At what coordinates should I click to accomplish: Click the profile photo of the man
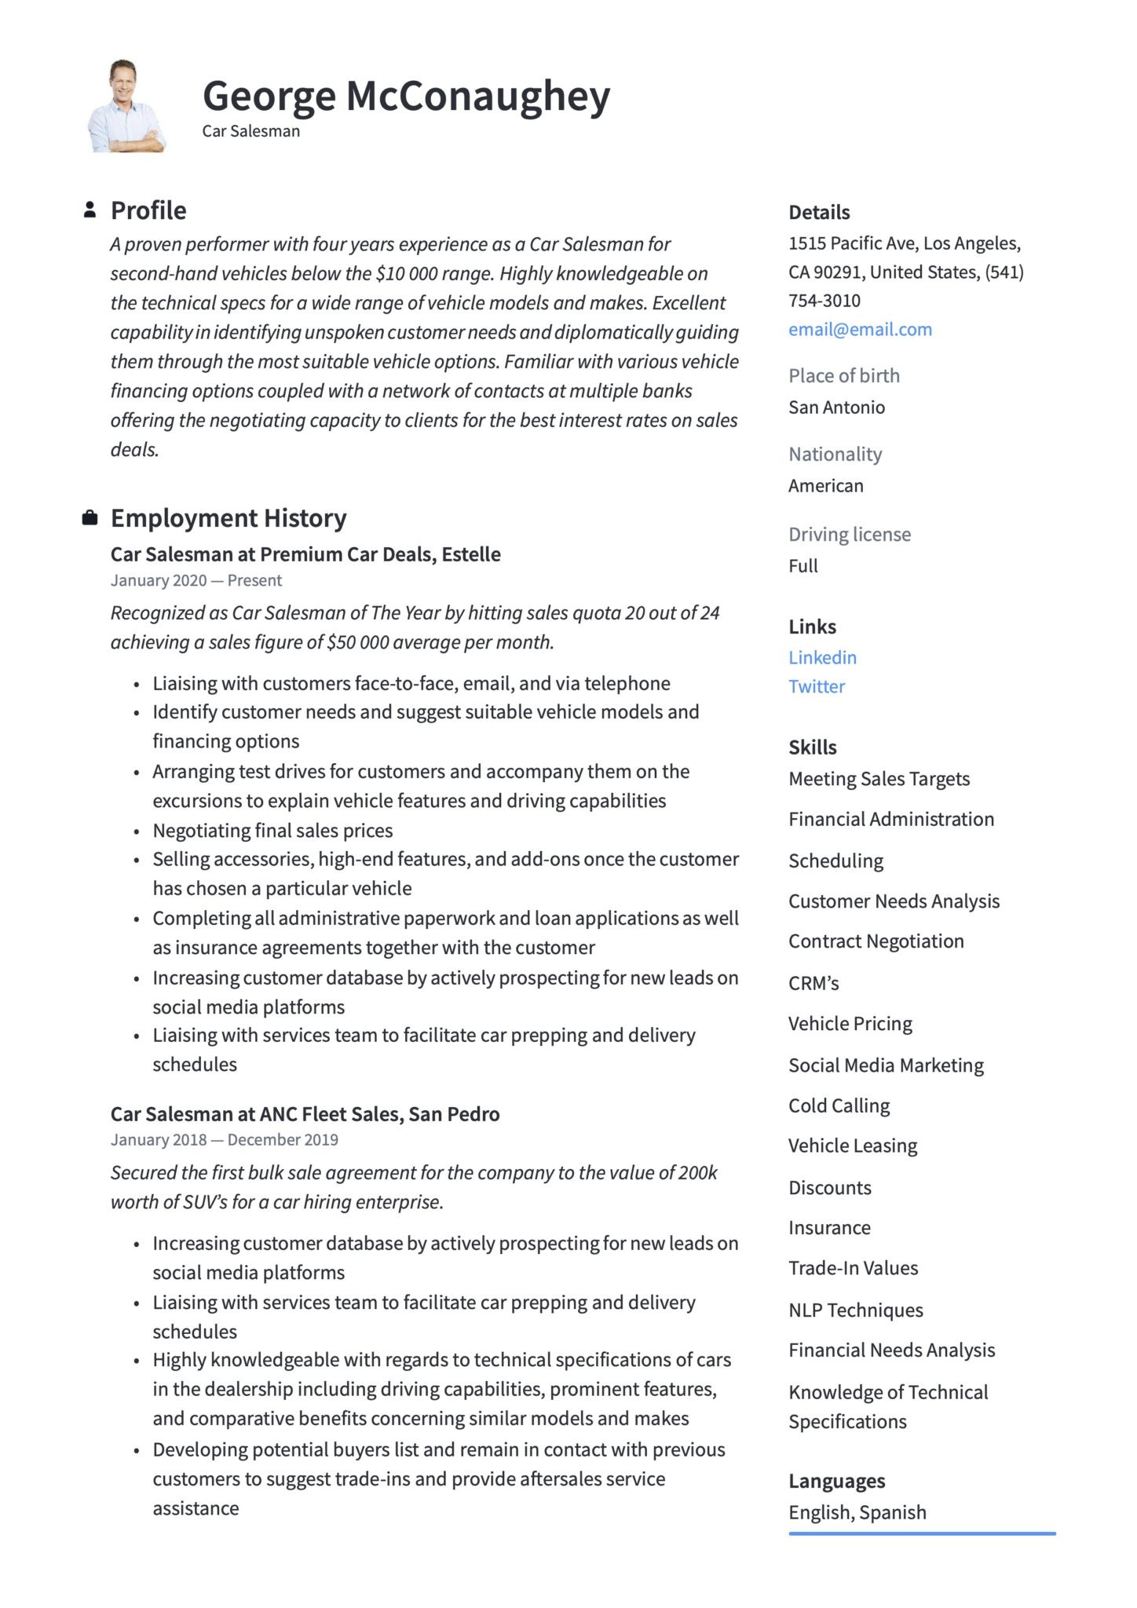coord(125,106)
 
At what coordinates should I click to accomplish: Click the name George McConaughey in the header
coord(406,97)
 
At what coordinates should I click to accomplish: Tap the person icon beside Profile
coord(90,210)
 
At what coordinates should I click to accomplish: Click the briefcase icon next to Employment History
coord(90,517)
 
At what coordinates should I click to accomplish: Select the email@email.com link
coord(860,329)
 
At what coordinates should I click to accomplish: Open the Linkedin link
coord(822,657)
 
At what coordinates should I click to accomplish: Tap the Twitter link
coord(817,686)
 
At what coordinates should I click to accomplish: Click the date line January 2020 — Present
coord(196,580)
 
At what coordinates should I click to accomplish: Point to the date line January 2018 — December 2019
coord(224,1139)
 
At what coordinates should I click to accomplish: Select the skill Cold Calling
coord(839,1105)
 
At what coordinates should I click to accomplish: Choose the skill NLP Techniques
coord(855,1310)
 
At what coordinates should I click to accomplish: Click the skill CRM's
coord(813,983)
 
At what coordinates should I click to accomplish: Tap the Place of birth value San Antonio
coord(836,407)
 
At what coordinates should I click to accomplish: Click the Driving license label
coord(850,534)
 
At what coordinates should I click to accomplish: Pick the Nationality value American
coord(825,485)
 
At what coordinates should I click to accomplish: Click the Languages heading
coord(836,1481)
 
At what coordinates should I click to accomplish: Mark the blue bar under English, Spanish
coord(922,1533)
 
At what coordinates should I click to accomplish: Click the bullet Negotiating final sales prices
coord(272,830)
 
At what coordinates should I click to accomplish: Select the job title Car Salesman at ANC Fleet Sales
coord(305,1113)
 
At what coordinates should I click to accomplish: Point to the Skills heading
coord(813,747)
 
